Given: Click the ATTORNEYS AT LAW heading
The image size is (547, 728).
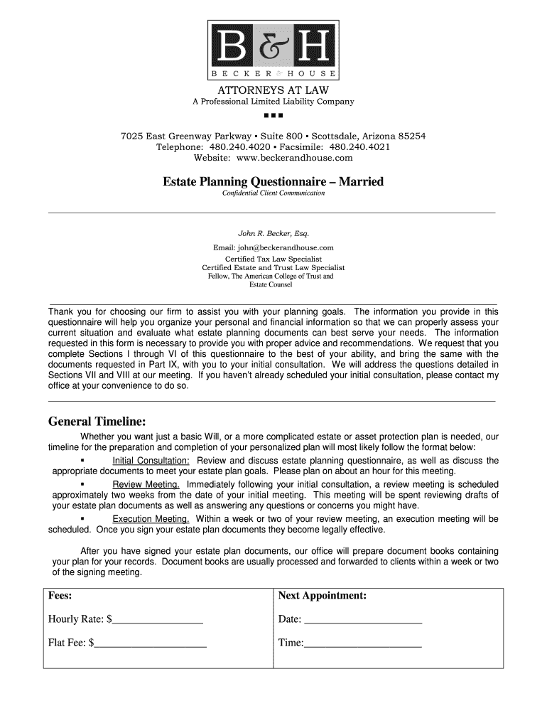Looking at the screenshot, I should (273, 90).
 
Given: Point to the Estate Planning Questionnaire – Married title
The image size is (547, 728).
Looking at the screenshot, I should (273, 182).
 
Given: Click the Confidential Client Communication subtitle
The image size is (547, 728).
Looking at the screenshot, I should (273, 193).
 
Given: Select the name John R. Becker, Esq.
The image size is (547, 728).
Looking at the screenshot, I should (273, 233).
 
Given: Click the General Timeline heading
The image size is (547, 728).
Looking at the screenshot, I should (97, 422).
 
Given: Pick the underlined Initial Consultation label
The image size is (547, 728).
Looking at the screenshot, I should (151, 461).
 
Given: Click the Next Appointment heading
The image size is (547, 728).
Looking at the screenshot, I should (322, 596).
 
